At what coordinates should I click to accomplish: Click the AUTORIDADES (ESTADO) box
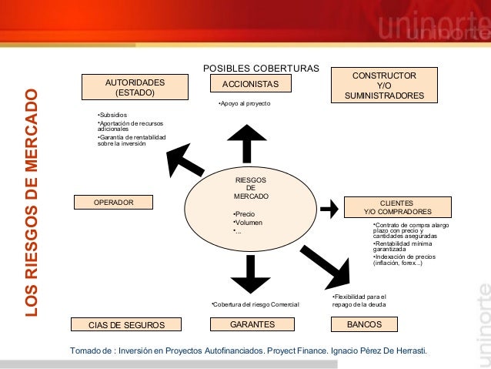click(x=135, y=86)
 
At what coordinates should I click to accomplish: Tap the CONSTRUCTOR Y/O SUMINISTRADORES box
click(x=384, y=86)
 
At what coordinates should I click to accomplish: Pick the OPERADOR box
click(x=113, y=202)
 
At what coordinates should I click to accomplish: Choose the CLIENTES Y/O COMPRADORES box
click(x=398, y=206)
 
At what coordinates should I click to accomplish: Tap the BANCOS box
click(x=365, y=324)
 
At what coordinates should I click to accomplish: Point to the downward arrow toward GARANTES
click(x=249, y=273)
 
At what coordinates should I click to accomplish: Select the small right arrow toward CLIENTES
click(x=329, y=208)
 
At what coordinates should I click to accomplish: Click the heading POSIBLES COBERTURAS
click(x=260, y=68)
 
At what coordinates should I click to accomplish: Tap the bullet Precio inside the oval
click(x=244, y=213)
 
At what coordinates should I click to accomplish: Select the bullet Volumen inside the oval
click(x=247, y=223)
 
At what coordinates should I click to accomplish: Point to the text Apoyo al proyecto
click(x=244, y=102)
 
